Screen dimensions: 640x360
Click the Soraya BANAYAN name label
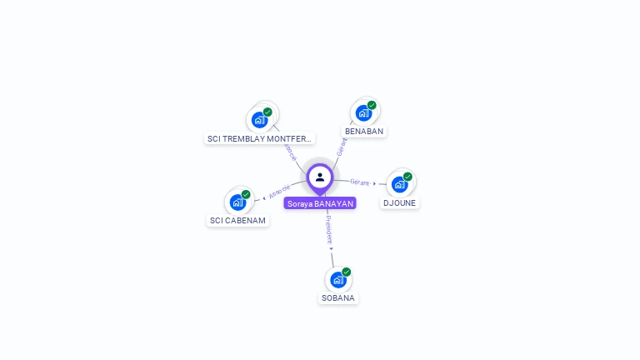(x=320, y=203)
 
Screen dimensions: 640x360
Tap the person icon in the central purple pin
(x=320, y=177)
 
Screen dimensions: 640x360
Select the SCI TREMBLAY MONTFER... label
(x=260, y=138)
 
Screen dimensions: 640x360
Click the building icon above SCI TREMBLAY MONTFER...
(x=259, y=120)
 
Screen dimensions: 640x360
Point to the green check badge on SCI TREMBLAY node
(x=267, y=112)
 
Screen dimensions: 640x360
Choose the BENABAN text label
(x=364, y=132)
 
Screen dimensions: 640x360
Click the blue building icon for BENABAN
(x=362, y=113)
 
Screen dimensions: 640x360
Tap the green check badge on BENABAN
(x=372, y=106)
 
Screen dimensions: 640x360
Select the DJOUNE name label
(x=400, y=202)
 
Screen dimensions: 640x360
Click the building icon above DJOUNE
(x=399, y=184)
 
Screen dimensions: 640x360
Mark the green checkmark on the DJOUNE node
(x=407, y=177)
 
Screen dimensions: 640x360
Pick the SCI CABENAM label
(x=238, y=221)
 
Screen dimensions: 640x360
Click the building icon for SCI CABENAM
(x=237, y=202)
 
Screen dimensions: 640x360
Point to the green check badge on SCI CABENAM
(x=246, y=194)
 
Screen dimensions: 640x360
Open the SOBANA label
(x=338, y=297)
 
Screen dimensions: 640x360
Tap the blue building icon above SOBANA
(x=337, y=279)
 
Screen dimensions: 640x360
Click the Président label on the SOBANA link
(x=328, y=228)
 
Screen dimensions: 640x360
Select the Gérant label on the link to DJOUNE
(x=359, y=182)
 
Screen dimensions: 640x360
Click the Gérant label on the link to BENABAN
(x=341, y=147)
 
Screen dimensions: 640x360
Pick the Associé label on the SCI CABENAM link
(x=280, y=192)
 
